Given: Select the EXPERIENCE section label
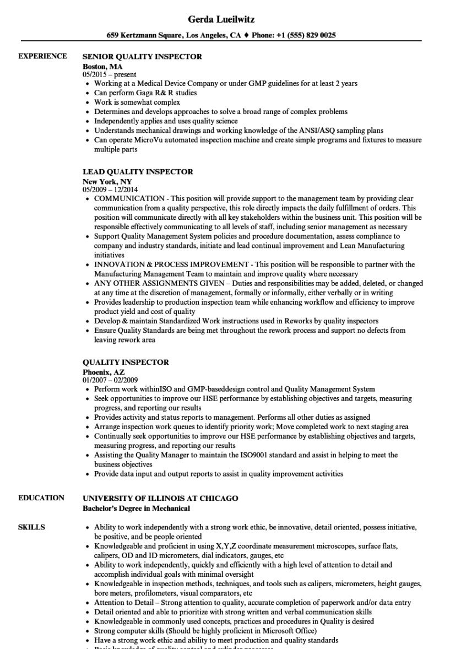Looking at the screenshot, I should click(x=43, y=56).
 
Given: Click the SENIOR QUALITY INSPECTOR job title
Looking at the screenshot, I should click(x=142, y=56).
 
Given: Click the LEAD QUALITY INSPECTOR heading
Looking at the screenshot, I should click(x=138, y=172).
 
